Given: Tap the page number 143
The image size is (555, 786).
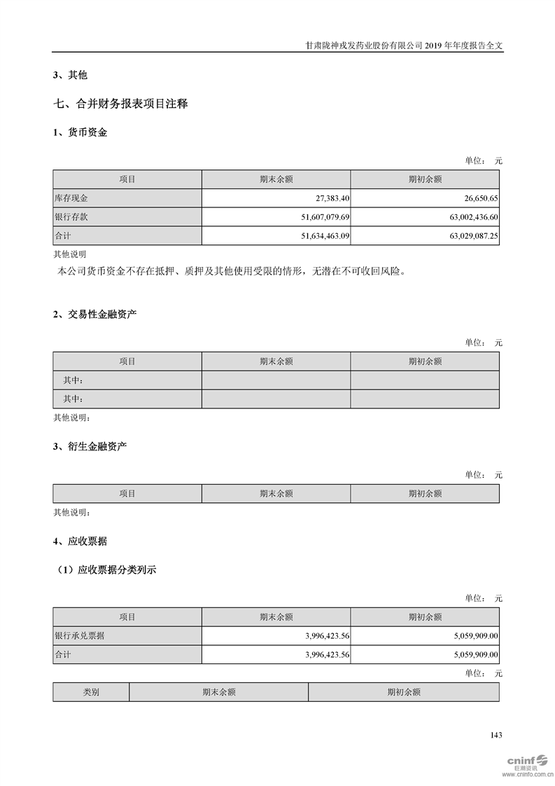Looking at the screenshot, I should click(496, 735).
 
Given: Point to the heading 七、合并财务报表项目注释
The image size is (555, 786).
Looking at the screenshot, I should click(120, 104).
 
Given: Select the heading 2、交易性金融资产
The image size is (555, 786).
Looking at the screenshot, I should click(94, 314).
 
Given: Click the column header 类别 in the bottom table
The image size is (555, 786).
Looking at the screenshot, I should click(91, 692).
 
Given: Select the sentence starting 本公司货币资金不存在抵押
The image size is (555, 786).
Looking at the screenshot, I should click(232, 271).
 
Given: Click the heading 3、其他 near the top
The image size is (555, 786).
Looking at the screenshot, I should click(70, 75).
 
